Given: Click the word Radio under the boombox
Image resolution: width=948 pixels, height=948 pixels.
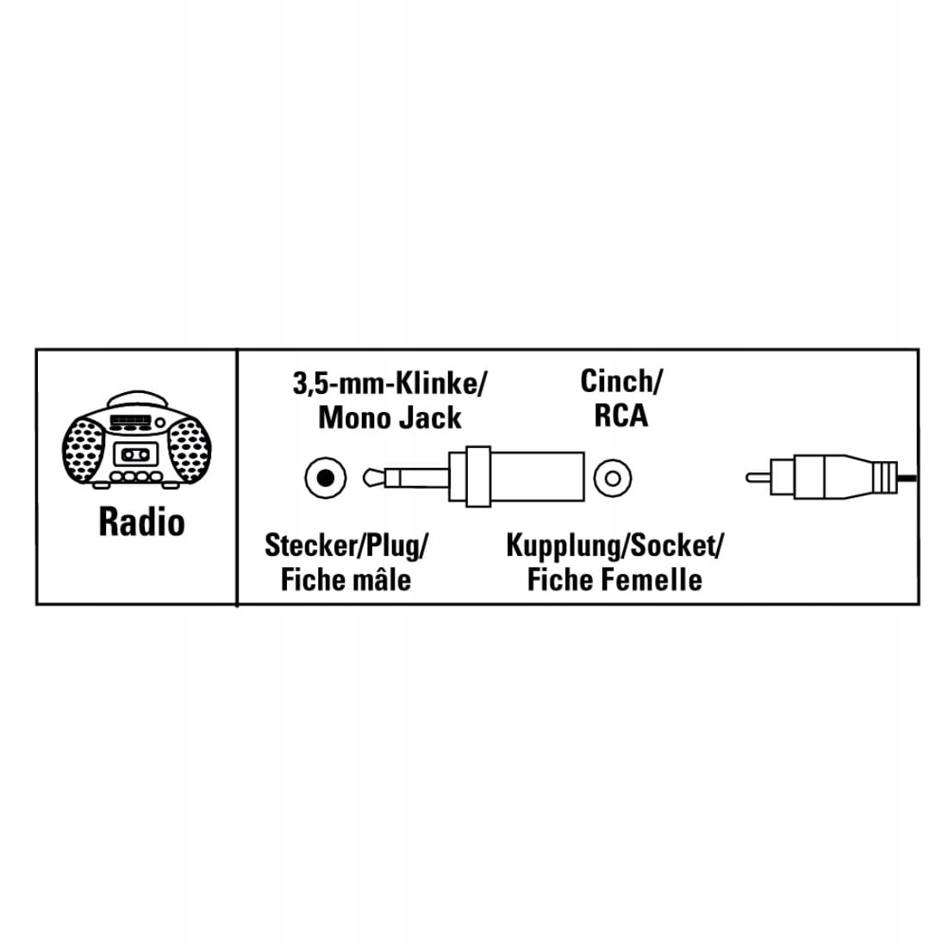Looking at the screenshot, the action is (x=141, y=522).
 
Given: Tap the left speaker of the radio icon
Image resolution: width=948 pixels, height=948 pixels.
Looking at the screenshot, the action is (x=86, y=446).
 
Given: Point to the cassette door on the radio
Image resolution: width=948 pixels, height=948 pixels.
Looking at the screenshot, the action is (x=136, y=453).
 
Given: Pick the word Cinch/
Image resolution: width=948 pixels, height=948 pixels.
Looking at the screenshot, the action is (x=621, y=380).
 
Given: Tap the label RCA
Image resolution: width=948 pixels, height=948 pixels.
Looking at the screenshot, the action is (x=621, y=416).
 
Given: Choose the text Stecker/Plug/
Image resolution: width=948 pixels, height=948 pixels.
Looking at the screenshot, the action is (x=346, y=545).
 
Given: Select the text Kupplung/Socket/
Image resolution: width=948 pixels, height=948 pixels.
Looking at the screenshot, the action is (x=614, y=545).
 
